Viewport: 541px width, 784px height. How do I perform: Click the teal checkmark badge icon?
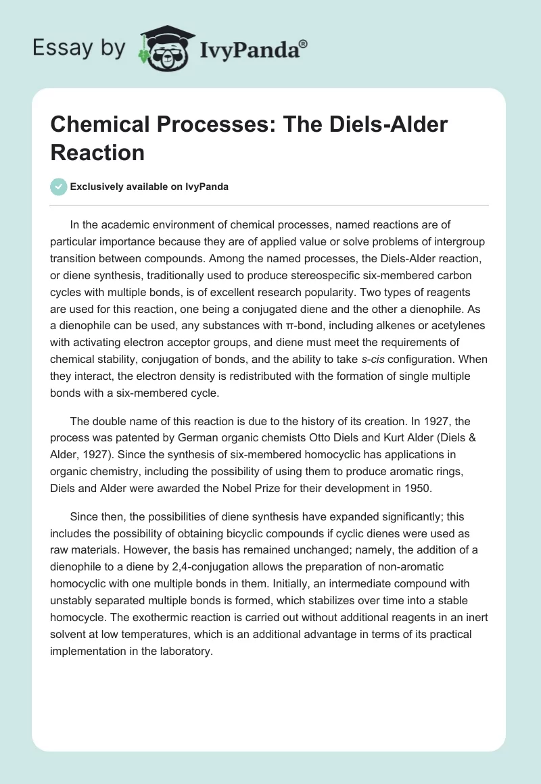[59, 187]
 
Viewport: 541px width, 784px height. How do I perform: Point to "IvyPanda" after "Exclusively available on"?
[206, 187]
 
